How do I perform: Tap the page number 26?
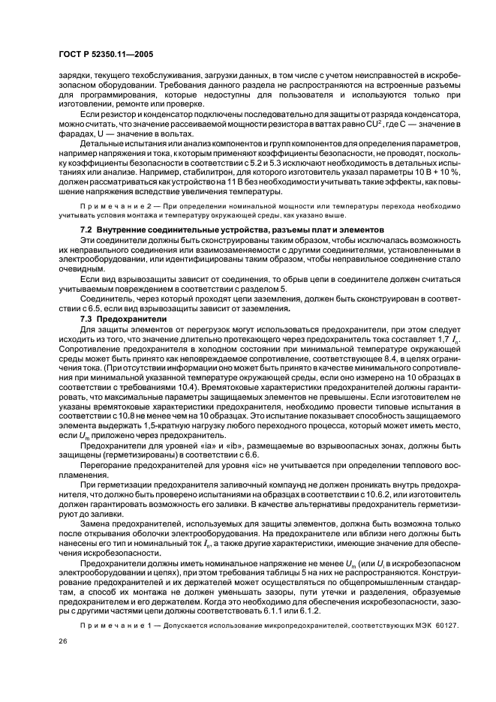[62, 641]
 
